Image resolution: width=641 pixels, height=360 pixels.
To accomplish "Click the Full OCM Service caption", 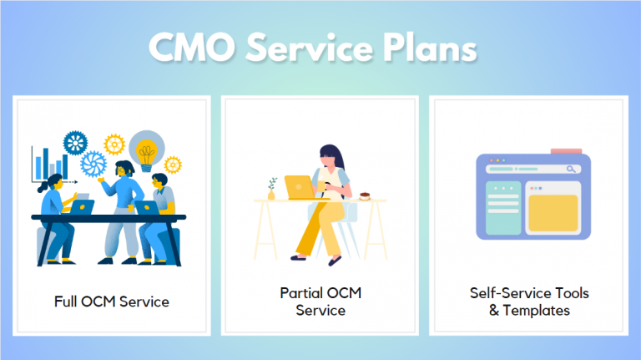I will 111,301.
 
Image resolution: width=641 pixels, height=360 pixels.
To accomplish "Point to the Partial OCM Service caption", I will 320,302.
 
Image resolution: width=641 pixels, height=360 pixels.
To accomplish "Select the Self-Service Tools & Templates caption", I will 528,302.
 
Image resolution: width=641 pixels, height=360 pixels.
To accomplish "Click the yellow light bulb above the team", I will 147,150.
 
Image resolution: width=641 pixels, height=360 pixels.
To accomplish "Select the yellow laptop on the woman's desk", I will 298,187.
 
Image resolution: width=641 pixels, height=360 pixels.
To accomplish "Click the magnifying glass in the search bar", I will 572,170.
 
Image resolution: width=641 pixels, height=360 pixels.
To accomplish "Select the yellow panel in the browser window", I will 553,215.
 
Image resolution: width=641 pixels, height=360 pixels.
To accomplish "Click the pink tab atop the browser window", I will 566,151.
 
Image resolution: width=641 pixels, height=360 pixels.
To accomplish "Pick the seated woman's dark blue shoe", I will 336,261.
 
